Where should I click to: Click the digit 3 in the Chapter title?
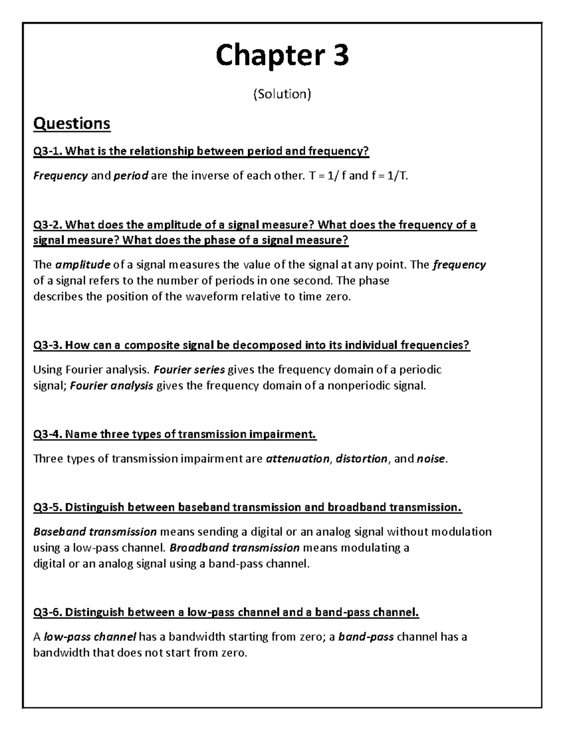339,56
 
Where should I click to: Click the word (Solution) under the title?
282,94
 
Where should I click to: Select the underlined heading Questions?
72,124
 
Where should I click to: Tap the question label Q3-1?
47,151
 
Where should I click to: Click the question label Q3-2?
47,225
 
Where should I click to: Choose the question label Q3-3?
47,345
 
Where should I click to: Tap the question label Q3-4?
47,434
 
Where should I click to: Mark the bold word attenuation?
298,459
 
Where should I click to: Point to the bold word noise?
430,459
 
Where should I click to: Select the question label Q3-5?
47,507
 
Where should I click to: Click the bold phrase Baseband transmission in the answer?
95,532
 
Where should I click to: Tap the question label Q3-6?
47,612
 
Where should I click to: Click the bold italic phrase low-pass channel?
89,637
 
